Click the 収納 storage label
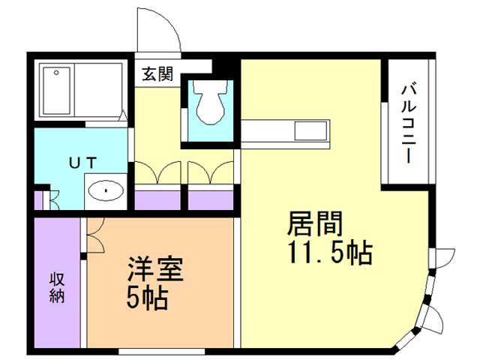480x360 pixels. tap(57, 286)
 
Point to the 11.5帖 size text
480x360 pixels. tap(328, 253)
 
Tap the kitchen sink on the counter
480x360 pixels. tap(309, 132)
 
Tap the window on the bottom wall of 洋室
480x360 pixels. tap(162, 350)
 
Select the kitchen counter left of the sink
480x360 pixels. tap(267, 132)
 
